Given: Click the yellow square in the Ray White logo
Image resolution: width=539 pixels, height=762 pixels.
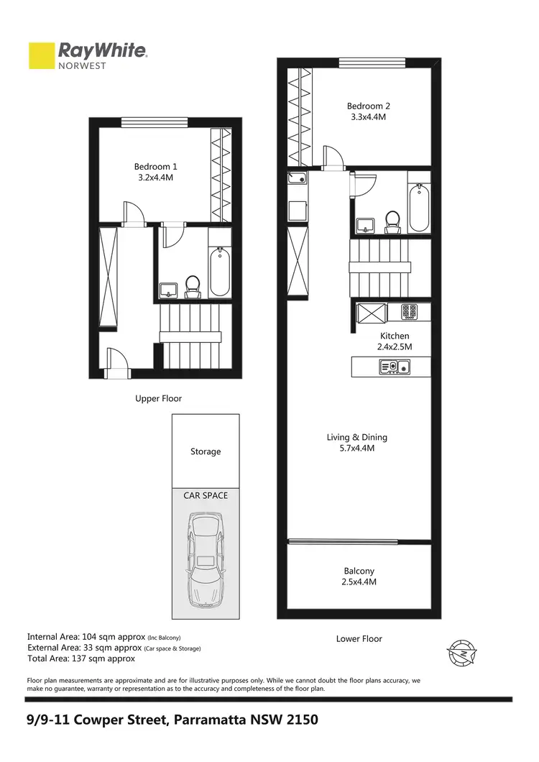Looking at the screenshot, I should click(42, 56).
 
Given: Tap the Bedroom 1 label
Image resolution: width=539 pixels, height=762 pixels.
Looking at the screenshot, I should click(155, 167).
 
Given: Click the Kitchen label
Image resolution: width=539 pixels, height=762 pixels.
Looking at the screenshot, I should click(395, 336).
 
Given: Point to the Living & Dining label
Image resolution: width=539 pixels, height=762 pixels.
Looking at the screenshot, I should click(356, 437).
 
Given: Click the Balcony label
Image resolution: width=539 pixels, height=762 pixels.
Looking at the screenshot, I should click(359, 571).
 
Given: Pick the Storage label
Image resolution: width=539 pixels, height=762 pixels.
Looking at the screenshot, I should click(206, 451).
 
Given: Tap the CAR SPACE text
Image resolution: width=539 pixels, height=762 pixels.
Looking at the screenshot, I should click(205, 495).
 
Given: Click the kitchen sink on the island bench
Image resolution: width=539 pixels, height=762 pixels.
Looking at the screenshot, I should click(390, 367).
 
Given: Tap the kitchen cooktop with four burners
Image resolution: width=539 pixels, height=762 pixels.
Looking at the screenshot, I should click(410, 312).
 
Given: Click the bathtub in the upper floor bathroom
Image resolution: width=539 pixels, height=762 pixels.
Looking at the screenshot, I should click(220, 273).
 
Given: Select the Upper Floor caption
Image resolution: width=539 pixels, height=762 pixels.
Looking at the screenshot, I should click(159, 398).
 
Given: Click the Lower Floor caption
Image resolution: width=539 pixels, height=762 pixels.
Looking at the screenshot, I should click(359, 638).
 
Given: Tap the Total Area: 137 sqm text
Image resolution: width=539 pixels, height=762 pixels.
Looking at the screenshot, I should click(81, 658).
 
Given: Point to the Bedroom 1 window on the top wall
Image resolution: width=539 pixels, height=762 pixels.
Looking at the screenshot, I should click(139, 121).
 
